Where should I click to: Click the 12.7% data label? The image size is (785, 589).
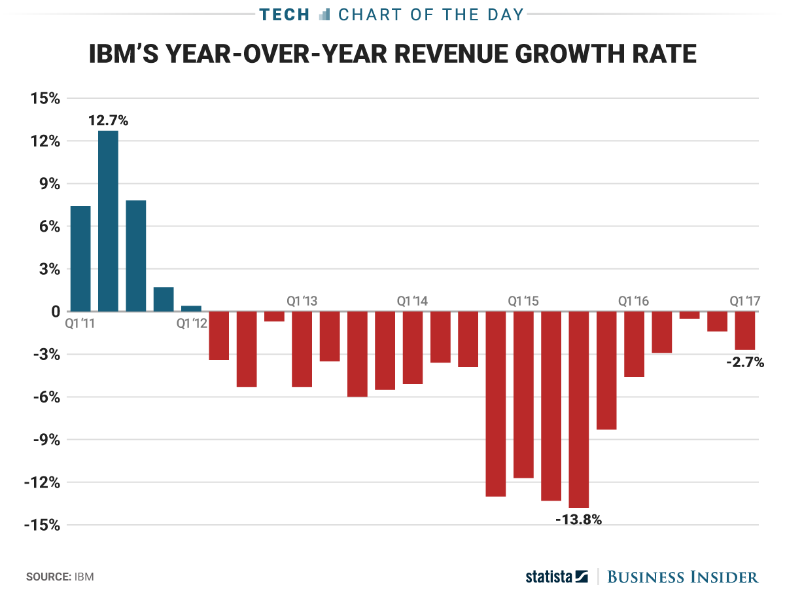point(109,120)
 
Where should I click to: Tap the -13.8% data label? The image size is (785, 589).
point(578,520)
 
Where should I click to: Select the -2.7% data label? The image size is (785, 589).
point(745,362)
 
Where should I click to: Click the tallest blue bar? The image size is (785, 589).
point(109,221)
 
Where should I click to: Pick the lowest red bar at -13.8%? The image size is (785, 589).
point(579,410)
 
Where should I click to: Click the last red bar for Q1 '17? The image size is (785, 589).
point(745,331)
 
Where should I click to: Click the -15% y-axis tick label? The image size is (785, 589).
point(43,526)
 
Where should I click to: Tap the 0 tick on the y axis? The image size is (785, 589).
point(56,312)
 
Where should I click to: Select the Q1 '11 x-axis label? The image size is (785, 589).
point(81,323)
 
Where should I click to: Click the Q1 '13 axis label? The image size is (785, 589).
point(302,301)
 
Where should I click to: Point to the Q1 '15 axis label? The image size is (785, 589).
point(523,301)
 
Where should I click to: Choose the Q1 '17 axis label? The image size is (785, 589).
point(745,301)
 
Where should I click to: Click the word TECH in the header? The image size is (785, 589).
point(284,14)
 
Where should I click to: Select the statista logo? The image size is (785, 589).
point(557,577)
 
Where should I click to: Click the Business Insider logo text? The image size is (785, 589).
point(683,577)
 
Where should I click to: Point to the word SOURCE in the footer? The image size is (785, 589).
point(47,577)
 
